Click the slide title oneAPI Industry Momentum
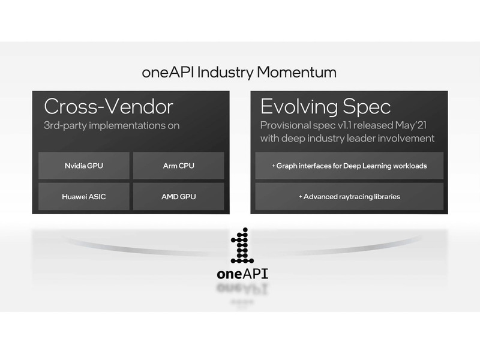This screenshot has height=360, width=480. [x=239, y=73]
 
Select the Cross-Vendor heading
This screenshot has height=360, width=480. [x=109, y=107]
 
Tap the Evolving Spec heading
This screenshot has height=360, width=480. [x=325, y=107]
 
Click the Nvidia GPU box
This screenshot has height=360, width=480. [x=83, y=166]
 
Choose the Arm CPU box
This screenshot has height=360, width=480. [x=178, y=166]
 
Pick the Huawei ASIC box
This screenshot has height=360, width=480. [x=83, y=196]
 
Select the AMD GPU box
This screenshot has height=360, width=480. [x=178, y=196]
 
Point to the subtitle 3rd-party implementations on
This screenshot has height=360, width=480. [x=112, y=126]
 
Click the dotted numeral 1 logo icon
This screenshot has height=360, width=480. [x=242, y=246]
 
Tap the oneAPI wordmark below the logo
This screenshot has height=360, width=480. [x=242, y=274]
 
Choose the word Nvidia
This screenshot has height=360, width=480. [x=75, y=166]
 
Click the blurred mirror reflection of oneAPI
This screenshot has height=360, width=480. [x=242, y=290]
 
